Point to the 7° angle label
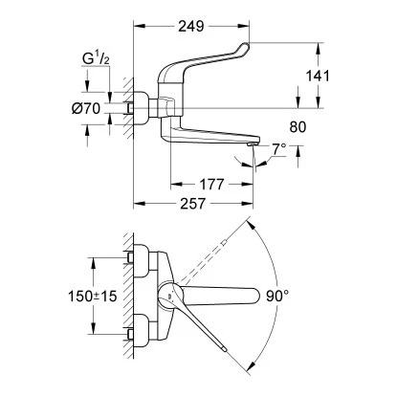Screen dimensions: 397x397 pyautogui.click(x=277, y=148)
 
